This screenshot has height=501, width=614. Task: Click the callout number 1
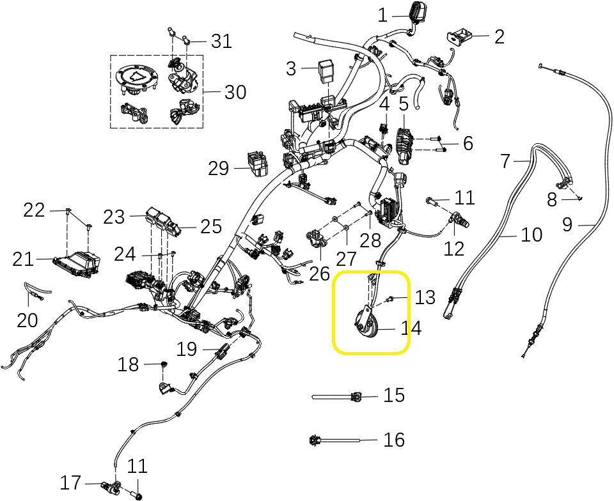click(x=382, y=15)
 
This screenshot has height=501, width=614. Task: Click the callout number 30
click(x=235, y=92)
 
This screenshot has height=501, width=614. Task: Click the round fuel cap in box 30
click(x=137, y=79)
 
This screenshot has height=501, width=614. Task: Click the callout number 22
click(x=33, y=210)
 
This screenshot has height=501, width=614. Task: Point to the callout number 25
click(x=210, y=226)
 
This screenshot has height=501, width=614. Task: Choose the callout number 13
click(x=425, y=297)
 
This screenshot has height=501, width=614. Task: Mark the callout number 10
click(x=531, y=235)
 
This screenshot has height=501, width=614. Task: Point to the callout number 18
click(x=128, y=365)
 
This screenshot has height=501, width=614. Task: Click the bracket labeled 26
click(x=317, y=239)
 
